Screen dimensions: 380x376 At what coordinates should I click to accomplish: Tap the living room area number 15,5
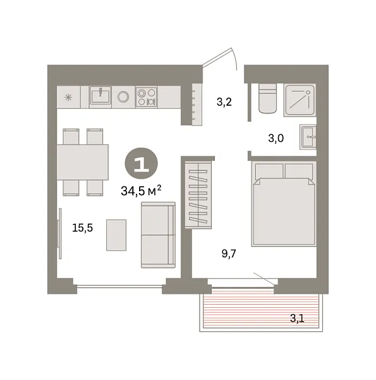(x=82, y=229)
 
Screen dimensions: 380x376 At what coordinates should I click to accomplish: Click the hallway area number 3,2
(x=224, y=101)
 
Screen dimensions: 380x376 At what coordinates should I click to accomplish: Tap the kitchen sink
(x=100, y=96)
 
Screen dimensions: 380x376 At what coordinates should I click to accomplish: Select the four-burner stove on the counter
(x=147, y=96)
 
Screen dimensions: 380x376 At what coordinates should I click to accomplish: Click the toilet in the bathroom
(x=267, y=98)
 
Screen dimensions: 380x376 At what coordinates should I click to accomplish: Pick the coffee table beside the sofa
(x=116, y=234)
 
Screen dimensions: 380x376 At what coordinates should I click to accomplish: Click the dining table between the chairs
(x=83, y=161)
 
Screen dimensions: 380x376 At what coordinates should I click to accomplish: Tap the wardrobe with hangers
(x=198, y=194)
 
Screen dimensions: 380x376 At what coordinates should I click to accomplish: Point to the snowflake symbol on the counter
(x=68, y=96)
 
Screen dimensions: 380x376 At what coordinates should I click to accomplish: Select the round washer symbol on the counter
(x=123, y=96)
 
